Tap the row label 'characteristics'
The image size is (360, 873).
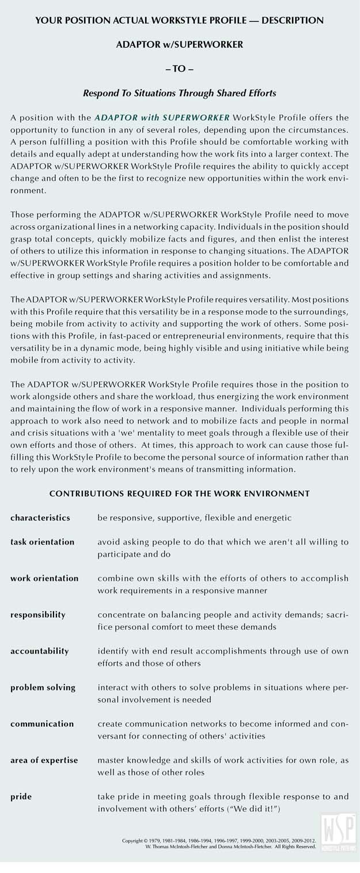[x=40, y=517]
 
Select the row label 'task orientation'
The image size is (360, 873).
[x=43, y=542]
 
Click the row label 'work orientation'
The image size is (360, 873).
[x=44, y=578]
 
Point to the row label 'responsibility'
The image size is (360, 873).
[x=38, y=614]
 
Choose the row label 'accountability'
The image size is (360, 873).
[x=40, y=651]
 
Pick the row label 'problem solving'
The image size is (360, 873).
[x=43, y=687]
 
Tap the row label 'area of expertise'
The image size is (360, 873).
[x=44, y=760]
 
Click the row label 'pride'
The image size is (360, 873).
[x=21, y=796]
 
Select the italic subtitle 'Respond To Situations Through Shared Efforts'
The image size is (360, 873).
[x=179, y=92]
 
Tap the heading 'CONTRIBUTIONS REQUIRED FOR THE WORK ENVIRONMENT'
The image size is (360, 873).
[x=179, y=493]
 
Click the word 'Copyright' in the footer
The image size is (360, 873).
[x=134, y=841]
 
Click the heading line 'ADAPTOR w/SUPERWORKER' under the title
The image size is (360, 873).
[x=179, y=45]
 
